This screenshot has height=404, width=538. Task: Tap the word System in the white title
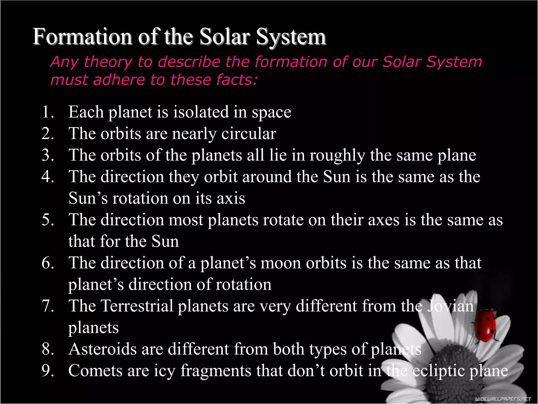(291, 37)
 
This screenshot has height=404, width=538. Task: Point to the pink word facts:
(237, 80)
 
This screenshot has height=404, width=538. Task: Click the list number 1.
(48, 112)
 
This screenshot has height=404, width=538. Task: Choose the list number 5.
(48, 220)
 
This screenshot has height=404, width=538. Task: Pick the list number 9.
(48, 371)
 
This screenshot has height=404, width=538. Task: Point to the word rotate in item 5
(283, 220)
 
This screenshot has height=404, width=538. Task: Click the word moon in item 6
(281, 263)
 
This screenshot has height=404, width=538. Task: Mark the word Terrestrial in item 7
(137, 306)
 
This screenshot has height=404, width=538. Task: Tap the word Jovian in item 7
(450, 306)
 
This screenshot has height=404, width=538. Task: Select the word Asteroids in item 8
(102, 349)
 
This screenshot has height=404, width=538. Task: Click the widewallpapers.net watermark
(503, 399)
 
